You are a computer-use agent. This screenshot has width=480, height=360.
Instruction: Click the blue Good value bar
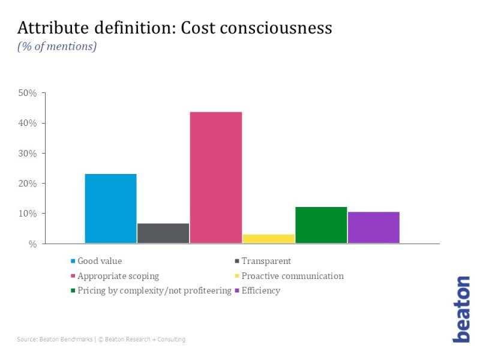(111, 209)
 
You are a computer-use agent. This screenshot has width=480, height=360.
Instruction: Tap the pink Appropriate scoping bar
(216, 178)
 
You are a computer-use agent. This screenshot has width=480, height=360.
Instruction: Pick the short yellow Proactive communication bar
(268, 239)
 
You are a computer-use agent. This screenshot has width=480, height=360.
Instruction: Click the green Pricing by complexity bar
(321, 225)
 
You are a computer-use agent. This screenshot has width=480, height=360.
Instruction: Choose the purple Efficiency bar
(373, 227)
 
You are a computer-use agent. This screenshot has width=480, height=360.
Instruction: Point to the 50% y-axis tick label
(28, 94)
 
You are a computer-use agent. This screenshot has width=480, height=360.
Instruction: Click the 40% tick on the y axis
(28, 124)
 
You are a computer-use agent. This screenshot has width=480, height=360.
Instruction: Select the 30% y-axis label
(28, 154)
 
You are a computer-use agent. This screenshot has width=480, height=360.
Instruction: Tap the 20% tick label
(28, 184)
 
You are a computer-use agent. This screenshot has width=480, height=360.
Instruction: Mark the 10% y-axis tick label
(28, 214)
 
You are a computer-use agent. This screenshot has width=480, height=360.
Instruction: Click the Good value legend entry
(100, 261)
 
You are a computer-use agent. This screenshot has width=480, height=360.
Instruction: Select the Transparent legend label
(266, 261)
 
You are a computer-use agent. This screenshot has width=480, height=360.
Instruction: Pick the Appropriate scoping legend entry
(118, 276)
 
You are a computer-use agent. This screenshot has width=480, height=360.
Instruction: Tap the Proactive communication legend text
(292, 276)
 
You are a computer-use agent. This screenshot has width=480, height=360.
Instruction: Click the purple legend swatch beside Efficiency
(237, 291)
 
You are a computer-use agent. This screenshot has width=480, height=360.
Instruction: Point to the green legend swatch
(73, 291)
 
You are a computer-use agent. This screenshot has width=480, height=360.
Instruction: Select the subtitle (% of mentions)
(57, 46)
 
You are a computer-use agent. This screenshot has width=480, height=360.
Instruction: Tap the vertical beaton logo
(461, 309)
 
